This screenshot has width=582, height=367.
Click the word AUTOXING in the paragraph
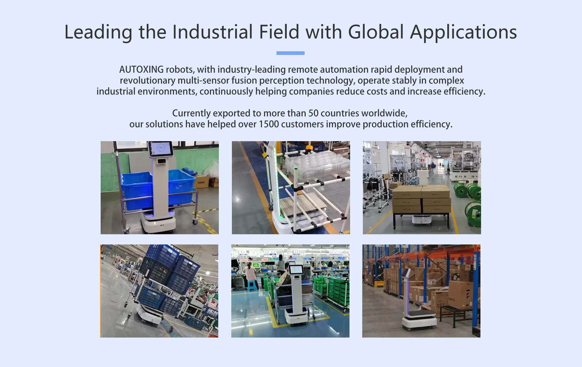click(141, 70)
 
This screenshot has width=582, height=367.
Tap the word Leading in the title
click(98, 32)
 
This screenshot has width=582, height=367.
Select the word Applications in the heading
click(463, 32)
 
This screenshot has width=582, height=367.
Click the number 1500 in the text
click(269, 124)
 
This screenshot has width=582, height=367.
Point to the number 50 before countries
click(313, 113)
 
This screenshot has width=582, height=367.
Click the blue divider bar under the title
click(290, 53)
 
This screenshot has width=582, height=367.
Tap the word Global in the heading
click(376, 32)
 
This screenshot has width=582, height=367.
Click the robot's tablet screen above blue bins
click(161, 148)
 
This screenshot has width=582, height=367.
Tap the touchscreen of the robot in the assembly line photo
click(296, 269)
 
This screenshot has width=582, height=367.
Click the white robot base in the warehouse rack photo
click(420, 322)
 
